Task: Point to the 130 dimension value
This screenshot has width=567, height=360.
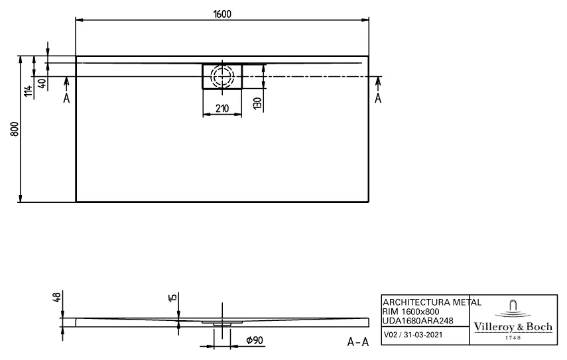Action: tap(256, 103)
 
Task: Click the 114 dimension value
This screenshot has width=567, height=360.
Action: tap(28, 91)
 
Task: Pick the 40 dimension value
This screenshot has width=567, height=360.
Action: tap(42, 84)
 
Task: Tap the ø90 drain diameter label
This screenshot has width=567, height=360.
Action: tap(253, 340)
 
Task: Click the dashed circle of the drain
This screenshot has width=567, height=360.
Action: tap(222, 76)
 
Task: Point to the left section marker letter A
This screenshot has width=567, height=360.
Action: tap(66, 98)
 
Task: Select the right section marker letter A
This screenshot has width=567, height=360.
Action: tap(378, 98)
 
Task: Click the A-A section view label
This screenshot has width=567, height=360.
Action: tap(358, 342)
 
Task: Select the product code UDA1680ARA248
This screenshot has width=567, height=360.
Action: tap(418, 320)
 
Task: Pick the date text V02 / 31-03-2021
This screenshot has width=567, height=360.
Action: tap(413, 336)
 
